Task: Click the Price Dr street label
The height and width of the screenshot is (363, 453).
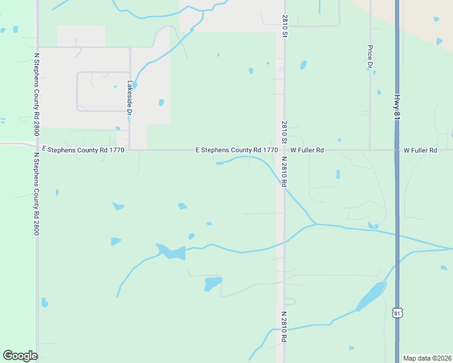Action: [369, 57]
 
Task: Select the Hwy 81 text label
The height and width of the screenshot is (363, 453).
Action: [397, 106]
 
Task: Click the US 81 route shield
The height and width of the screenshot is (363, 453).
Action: [397, 313]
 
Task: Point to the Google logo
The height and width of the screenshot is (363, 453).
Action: [20, 356]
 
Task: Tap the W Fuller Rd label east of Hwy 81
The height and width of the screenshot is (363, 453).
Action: [420, 150]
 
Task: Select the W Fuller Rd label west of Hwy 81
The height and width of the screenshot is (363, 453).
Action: [307, 150]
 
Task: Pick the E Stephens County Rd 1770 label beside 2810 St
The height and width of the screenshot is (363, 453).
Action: [237, 150]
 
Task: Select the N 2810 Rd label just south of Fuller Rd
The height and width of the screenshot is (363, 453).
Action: [283, 171]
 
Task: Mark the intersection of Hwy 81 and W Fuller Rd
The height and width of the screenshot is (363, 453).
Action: [397, 149]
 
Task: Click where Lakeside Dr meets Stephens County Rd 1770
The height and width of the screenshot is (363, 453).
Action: [130, 149]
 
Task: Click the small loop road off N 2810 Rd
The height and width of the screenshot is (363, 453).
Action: [289, 301]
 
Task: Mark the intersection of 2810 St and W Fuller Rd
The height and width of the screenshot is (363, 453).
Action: [283, 149]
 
